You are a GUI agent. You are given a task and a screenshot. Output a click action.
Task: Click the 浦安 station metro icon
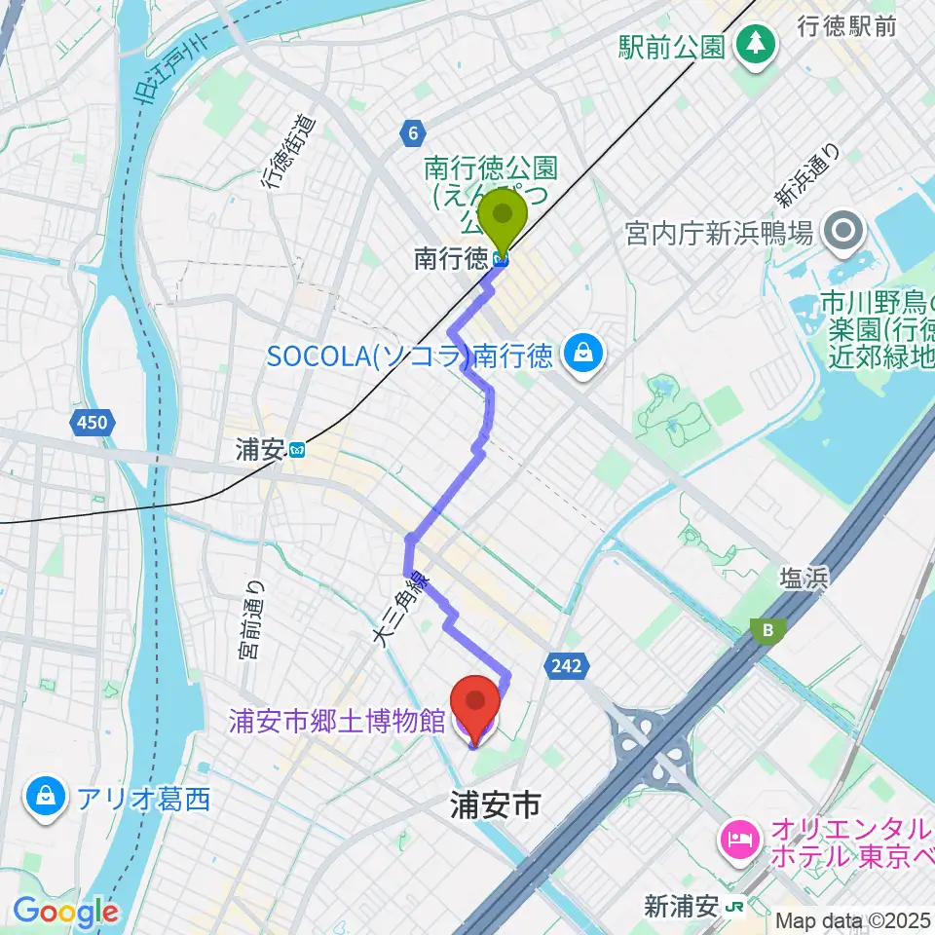(298, 450)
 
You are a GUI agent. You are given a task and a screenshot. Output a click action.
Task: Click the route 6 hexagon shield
(413, 132)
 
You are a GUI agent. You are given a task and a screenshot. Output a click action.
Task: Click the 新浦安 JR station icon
(734, 907)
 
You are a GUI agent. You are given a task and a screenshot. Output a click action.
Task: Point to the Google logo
(65, 912)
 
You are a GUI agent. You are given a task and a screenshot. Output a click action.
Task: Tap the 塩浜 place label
(803, 580)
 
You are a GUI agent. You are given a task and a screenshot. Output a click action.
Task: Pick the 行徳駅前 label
(847, 26)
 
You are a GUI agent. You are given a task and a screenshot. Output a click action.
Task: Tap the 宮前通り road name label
(252, 620)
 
